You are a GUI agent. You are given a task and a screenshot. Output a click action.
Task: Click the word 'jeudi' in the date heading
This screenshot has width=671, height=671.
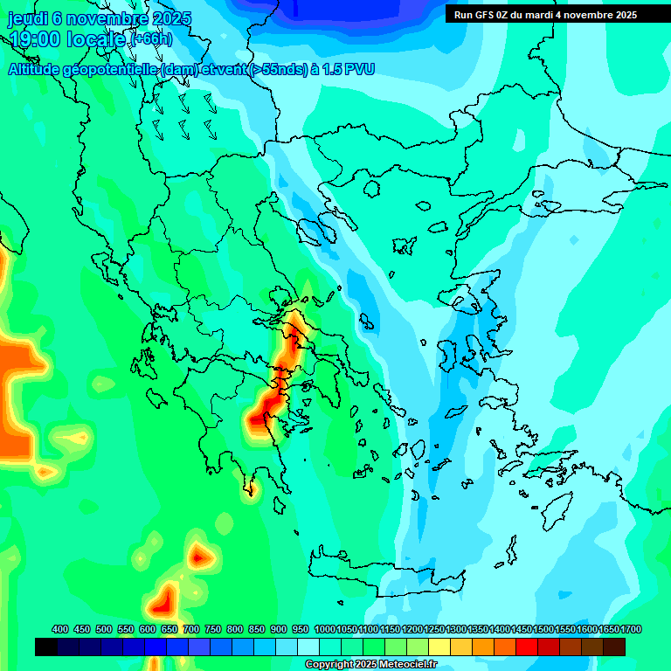[28, 18]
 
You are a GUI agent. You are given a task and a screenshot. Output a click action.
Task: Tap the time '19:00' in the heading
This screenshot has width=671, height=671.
[34, 38]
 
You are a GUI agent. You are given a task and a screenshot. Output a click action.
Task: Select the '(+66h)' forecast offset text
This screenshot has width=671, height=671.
[151, 39]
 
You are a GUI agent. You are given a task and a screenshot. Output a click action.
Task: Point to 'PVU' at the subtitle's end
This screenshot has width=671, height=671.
[358, 69]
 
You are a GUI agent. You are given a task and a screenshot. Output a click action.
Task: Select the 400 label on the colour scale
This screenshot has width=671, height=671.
[60, 629]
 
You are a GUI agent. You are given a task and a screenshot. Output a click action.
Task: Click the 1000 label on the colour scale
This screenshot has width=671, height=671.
[324, 629]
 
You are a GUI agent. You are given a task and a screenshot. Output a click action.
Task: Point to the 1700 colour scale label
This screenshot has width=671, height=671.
[631, 629]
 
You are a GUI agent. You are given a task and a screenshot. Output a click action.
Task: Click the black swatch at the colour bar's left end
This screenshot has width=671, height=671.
[46, 647]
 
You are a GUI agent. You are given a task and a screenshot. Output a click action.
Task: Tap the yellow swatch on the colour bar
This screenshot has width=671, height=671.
[439, 647]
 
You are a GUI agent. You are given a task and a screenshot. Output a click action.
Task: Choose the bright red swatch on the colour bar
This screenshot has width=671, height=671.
[527, 647]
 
